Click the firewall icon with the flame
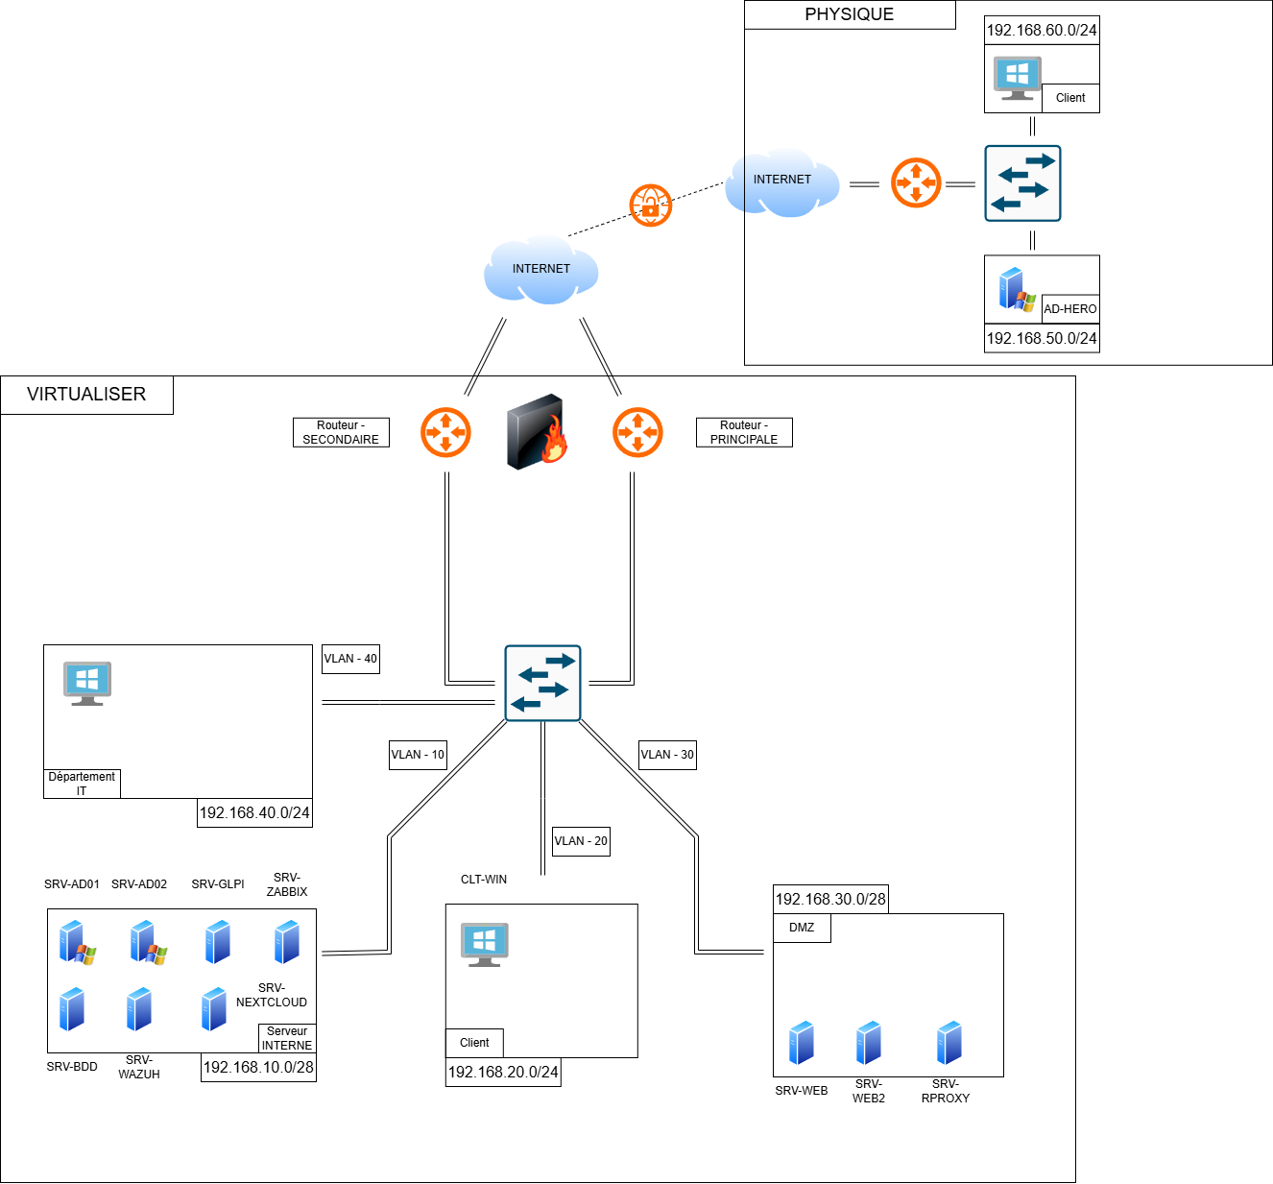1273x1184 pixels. point(536,432)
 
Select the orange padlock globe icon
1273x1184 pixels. point(651,205)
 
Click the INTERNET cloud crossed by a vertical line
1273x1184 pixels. point(782,181)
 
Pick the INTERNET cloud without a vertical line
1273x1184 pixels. point(540,270)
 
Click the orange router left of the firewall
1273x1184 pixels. point(445,433)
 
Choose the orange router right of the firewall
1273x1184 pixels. point(637,433)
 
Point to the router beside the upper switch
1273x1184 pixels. point(916,183)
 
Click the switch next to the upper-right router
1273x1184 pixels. point(1022,183)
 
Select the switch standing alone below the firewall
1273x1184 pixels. point(542,683)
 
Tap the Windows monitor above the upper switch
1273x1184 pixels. point(1018,77)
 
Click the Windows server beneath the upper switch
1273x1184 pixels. point(1016,289)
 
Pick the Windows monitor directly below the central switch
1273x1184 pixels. point(484,944)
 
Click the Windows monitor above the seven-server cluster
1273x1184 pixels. point(87,683)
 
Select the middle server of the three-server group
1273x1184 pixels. point(869,1043)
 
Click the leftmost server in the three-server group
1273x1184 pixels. point(802,1043)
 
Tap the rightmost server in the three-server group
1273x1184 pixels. point(949,1043)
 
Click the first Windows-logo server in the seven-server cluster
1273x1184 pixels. point(75,942)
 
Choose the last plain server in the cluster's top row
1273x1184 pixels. point(287,942)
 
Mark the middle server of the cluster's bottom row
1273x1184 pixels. point(139,1009)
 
